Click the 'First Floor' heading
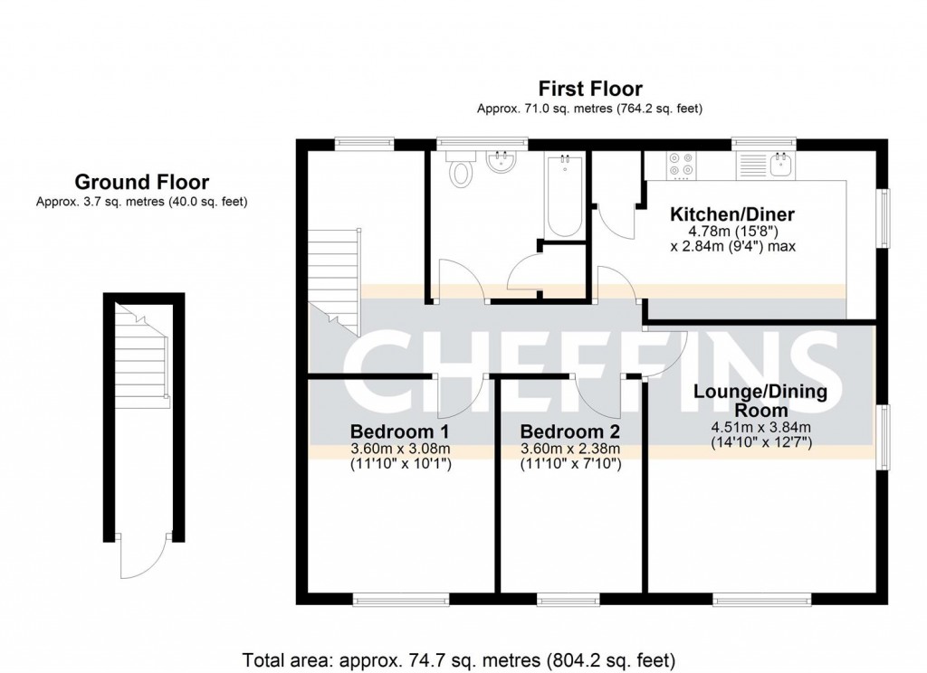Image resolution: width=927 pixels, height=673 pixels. (589, 89)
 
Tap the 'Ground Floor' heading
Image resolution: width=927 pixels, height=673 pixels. (141, 182)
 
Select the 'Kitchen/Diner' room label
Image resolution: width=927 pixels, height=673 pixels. (731, 215)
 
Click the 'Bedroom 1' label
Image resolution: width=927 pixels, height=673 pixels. (399, 431)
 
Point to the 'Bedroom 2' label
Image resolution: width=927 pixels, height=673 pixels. (569, 431)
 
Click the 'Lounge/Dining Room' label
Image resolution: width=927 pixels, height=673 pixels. (760, 400)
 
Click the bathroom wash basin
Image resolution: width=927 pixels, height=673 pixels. (501, 164)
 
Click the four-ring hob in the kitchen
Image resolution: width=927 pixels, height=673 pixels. (681, 165)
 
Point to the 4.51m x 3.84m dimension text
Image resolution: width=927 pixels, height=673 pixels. (760, 428)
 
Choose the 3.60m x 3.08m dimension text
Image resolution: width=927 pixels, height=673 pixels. (399, 449)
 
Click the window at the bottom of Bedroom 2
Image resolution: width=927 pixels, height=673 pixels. (568, 599)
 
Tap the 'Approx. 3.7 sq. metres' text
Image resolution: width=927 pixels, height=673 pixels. (141, 202)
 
